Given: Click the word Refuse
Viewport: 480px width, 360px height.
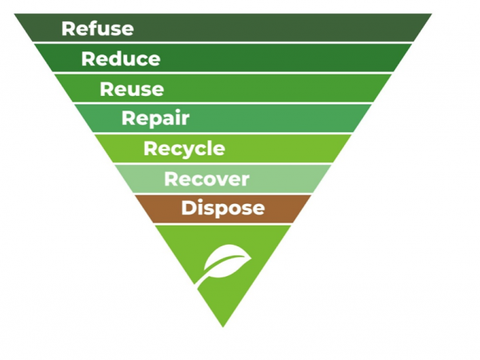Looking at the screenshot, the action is point(98,29).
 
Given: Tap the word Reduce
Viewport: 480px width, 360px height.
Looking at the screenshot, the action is point(121,58).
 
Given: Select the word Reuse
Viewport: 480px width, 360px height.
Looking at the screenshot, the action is point(132,89).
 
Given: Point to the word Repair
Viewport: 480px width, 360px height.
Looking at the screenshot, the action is point(155,118).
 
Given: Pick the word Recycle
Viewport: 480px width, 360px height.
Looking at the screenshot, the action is point(184,149).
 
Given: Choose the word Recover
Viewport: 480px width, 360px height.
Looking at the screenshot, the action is point(206,178).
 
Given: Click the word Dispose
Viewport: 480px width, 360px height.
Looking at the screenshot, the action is point(223,209).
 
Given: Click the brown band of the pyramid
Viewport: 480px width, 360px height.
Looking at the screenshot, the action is point(223,209).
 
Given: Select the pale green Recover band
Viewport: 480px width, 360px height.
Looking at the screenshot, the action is point(223,178).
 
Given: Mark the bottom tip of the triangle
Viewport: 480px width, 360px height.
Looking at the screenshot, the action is point(223,327).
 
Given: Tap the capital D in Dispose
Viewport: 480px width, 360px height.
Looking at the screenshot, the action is point(189,208).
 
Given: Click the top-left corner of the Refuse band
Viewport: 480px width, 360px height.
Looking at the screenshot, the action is point(14,14).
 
